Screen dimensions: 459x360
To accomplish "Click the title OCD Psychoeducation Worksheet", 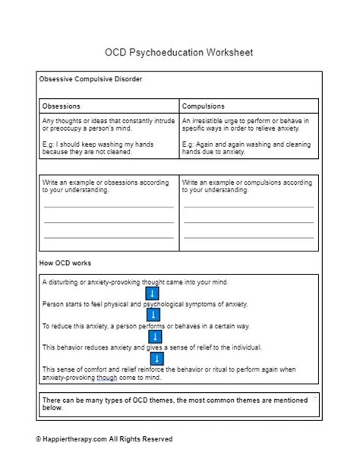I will click(179, 53).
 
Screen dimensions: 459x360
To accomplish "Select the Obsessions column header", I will click(62, 106).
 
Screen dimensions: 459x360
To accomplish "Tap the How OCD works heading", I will click(65, 263).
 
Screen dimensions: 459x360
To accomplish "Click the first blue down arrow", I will click(153, 293).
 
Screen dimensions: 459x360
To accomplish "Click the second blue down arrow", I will click(153, 315).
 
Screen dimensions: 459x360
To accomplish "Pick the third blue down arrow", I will click(153, 336).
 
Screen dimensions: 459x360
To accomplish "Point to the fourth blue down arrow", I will click(153, 357).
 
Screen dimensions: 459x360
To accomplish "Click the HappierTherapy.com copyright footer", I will click(104, 438).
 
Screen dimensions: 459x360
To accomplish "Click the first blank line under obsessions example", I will click(109, 207).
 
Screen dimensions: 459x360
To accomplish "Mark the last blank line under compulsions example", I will click(248, 237).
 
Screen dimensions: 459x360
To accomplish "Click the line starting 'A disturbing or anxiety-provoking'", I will click(135, 282).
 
